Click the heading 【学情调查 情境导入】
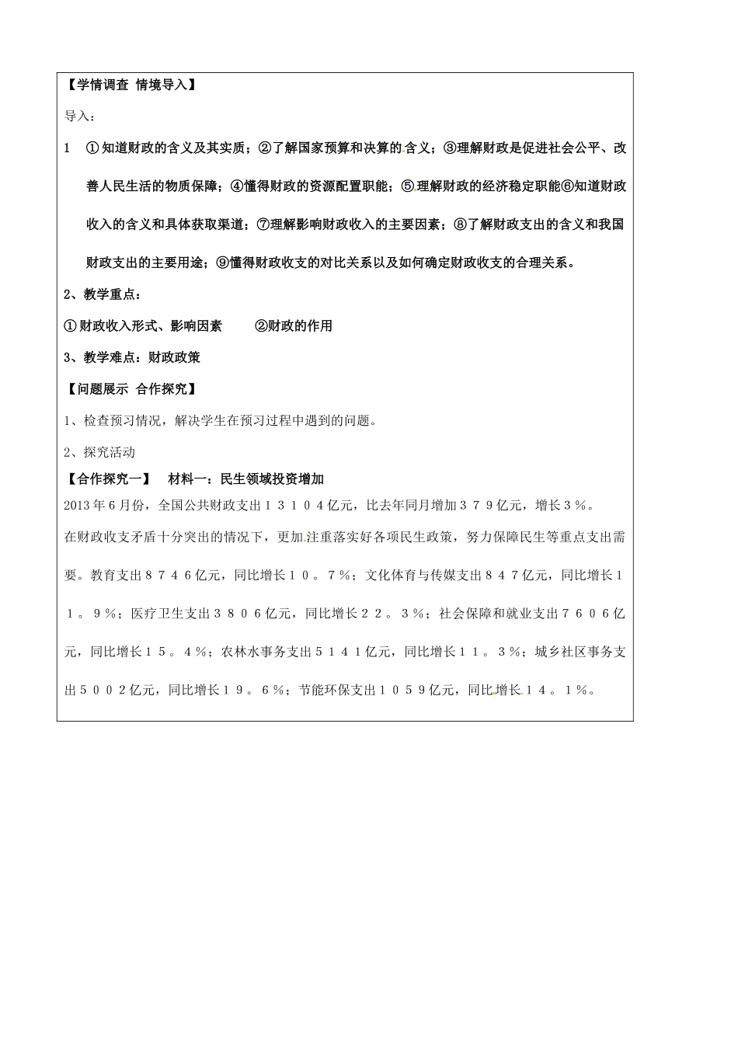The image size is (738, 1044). tap(130, 85)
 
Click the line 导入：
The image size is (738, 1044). tap(80, 116)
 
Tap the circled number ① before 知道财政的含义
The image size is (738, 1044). tap(92, 148)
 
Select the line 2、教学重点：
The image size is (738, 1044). tap(103, 294)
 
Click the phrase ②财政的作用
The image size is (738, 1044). tap(294, 326)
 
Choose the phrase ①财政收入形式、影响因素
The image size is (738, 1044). tap(143, 326)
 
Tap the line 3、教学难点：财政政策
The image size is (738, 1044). tap(132, 357)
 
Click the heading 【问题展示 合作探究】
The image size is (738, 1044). tap(130, 389)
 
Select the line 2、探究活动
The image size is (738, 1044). tap(99, 452)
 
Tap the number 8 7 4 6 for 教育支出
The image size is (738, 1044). tap(172, 576)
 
